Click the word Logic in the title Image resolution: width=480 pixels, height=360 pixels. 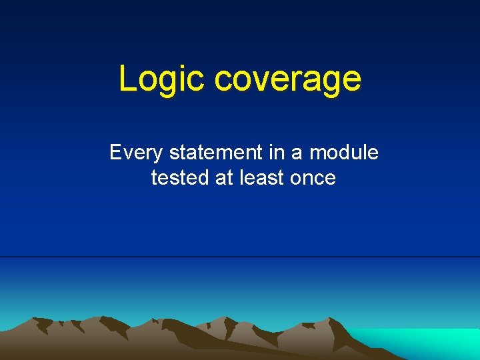coord(162,79)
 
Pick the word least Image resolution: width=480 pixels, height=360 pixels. coord(261,178)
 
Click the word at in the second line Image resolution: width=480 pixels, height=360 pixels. coord(223,178)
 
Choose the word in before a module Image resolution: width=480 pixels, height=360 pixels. coord(277,153)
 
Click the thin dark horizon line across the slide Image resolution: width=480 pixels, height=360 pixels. coord(240,257)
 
